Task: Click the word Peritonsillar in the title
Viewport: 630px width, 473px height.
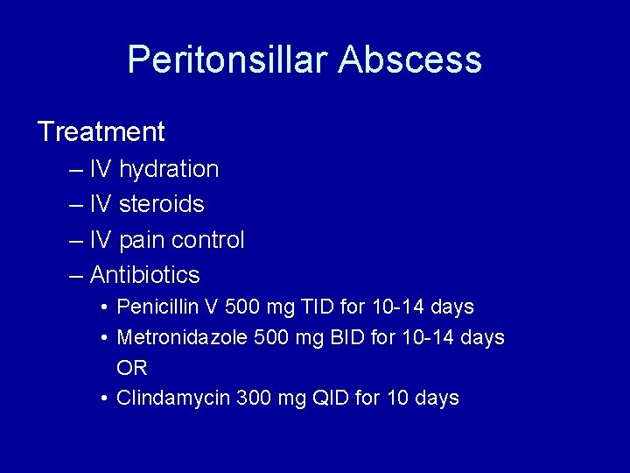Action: pos(227,60)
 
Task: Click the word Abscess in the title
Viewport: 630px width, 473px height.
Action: pos(409,60)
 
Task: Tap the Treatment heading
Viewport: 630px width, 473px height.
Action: pos(101,132)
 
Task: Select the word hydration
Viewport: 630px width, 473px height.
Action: pos(169,169)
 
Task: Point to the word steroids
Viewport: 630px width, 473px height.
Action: pos(161,204)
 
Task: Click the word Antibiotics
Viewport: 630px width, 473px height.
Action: pos(144,275)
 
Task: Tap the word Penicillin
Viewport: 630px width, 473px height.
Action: pos(159,307)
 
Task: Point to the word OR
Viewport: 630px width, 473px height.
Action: pos(132,368)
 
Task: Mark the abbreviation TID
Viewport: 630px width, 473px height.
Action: pos(311,307)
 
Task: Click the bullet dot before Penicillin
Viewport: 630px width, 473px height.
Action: pos(103,308)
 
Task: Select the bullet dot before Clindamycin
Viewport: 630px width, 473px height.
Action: pos(103,399)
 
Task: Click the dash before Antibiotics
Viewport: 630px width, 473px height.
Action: pos(75,276)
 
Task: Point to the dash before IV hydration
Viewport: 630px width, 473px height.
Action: pos(75,170)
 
